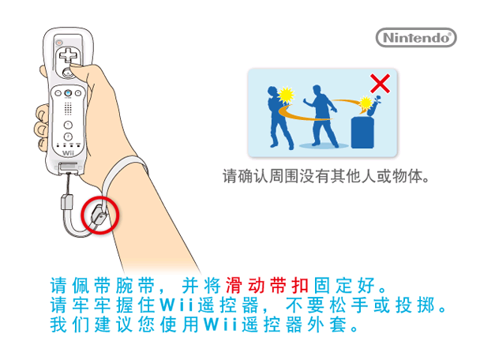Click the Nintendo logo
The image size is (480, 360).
416,38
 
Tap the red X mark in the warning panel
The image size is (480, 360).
380,83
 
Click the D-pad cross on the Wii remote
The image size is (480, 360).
69,56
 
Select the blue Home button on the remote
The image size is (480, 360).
68,92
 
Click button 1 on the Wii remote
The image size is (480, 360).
68,125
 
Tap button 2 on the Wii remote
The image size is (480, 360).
68,137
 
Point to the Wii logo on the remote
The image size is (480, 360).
68,152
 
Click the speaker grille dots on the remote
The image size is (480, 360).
68,108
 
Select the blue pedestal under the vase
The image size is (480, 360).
362,133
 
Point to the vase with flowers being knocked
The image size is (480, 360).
373,106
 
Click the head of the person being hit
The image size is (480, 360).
272,92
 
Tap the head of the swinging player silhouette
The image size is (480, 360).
317,90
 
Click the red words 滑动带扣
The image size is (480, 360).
267,285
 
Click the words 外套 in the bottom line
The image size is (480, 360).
327,324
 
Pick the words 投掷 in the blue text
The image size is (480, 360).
414,305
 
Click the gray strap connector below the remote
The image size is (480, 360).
67,202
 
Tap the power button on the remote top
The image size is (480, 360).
59,43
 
